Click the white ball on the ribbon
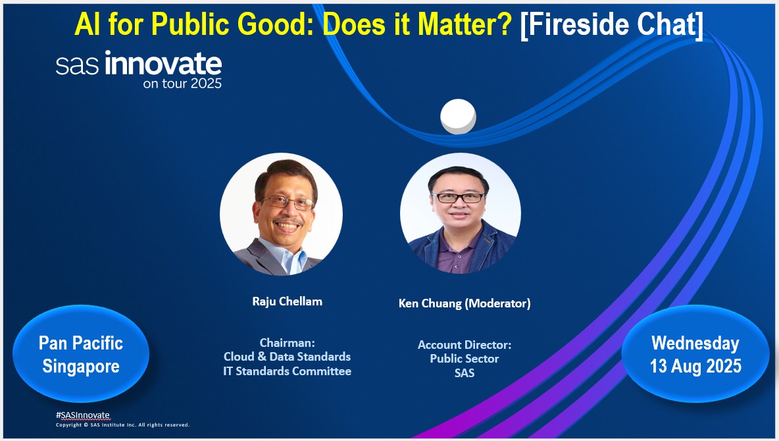(x=458, y=117)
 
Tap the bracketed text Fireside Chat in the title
(x=612, y=24)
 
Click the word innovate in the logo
(x=163, y=63)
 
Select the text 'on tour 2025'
(x=182, y=84)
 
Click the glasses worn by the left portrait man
(x=287, y=202)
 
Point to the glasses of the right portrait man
(x=458, y=197)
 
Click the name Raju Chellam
(x=287, y=301)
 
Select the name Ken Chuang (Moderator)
(x=465, y=303)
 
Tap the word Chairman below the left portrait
(x=286, y=342)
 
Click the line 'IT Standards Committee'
(x=287, y=371)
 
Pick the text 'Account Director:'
(x=465, y=344)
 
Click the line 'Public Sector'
(x=465, y=359)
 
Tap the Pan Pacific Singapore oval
(x=81, y=354)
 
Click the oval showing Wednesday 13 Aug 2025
(x=695, y=354)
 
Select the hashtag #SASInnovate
(x=82, y=415)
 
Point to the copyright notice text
(x=123, y=425)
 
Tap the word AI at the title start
(x=88, y=24)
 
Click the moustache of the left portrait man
(x=288, y=220)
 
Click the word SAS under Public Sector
(x=465, y=373)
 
